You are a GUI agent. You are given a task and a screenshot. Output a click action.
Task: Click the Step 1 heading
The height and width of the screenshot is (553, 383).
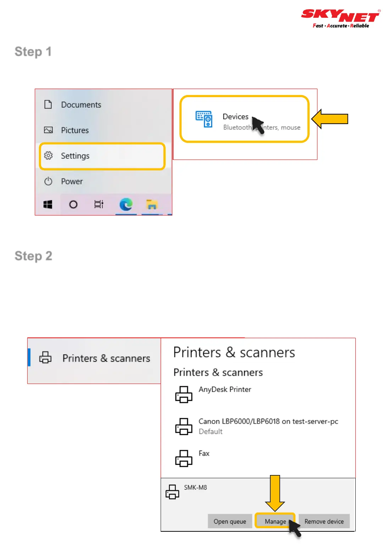(x=33, y=52)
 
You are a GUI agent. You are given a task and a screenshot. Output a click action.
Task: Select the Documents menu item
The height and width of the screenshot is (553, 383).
(x=81, y=105)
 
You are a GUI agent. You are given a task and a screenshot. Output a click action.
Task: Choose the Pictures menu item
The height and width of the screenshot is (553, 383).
(x=75, y=130)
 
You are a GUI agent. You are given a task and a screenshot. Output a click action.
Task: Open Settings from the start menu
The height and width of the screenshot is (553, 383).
(x=75, y=156)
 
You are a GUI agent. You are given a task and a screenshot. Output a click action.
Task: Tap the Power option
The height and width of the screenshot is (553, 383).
(x=72, y=181)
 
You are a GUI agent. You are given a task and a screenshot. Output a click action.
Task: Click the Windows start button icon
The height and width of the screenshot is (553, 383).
(x=48, y=205)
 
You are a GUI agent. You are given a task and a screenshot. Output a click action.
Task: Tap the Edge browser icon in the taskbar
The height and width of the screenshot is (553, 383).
(x=126, y=205)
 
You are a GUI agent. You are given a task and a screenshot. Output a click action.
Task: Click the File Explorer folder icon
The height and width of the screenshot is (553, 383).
(x=152, y=205)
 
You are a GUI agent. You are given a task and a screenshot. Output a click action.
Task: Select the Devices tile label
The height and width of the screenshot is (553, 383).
(x=235, y=117)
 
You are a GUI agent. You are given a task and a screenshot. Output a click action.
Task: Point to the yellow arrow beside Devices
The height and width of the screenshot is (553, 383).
(x=330, y=119)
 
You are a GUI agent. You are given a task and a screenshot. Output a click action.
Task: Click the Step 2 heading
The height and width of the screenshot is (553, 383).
(x=33, y=256)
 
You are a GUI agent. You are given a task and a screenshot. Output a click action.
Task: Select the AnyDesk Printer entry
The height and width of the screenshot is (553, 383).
(x=225, y=390)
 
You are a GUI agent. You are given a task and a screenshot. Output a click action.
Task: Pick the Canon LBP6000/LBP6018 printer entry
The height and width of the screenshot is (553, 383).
(x=268, y=421)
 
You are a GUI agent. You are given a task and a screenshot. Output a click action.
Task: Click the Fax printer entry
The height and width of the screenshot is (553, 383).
(x=204, y=453)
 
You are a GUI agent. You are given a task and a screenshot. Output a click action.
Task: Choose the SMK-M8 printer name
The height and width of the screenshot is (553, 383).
(x=195, y=487)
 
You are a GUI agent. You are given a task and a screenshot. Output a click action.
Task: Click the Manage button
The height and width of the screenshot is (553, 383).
(x=275, y=521)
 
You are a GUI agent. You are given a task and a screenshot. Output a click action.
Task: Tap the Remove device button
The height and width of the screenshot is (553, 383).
(x=324, y=521)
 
